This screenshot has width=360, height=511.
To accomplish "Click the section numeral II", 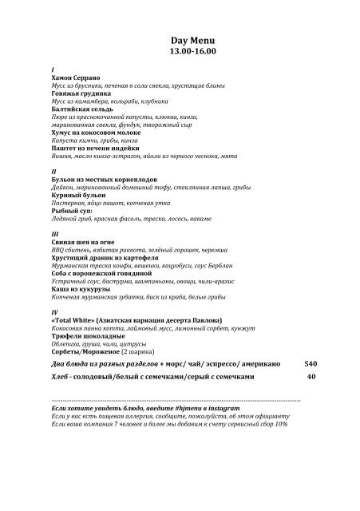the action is pyautogui.click(x=53, y=172).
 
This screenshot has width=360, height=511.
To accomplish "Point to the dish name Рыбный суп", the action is pyautogui.click(x=73, y=211).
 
